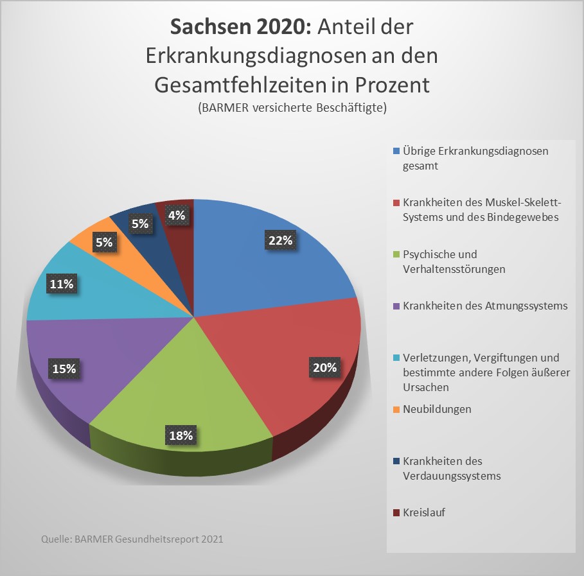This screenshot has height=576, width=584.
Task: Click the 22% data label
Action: click(281, 241)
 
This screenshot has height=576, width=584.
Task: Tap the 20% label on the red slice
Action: click(324, 368)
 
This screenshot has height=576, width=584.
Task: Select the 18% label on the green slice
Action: click(181, 435)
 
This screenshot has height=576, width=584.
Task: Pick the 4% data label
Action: click(177, 216)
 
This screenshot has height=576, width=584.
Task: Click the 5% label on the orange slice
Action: click(105, 243)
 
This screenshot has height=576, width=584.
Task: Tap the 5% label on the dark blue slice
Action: click(140, 224)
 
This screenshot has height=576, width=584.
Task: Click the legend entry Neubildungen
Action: click(437, 409)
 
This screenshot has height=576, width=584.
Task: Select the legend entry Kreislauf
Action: click(424, 512)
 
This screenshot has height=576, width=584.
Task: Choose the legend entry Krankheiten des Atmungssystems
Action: click(485, 306)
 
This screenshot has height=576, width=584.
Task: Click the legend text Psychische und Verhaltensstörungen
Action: click(454, 261)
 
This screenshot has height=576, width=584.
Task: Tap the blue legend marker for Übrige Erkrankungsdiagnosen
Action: click(396, 152)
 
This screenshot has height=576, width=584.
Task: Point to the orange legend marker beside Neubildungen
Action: click(396, 409)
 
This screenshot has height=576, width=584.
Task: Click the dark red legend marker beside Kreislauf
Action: click(396, 513)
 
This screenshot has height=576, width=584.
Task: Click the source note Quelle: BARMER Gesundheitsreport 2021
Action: click(132, 539)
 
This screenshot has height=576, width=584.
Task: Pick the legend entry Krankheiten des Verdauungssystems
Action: click(451, 469)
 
